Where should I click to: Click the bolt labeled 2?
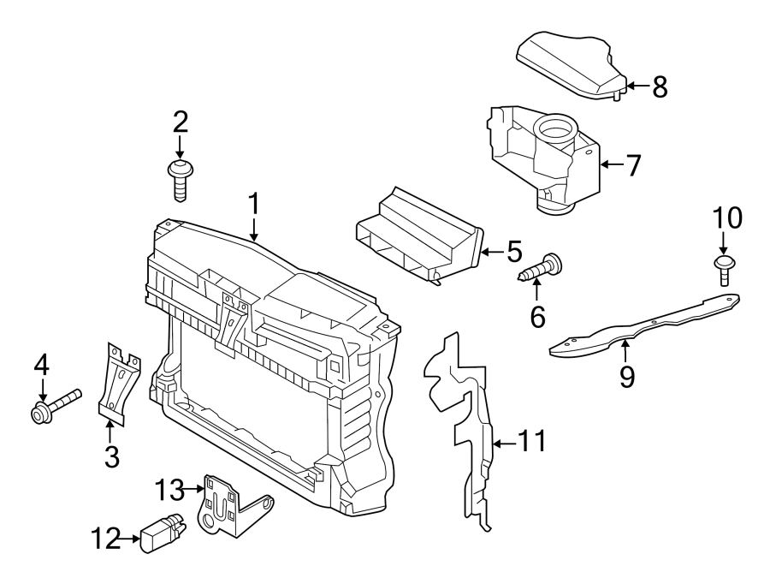coord(180,177)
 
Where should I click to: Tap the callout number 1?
coord(253,205)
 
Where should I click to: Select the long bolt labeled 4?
coord(56,404)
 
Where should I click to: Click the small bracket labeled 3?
coord(117,382)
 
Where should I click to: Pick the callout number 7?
coord(632,165)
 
